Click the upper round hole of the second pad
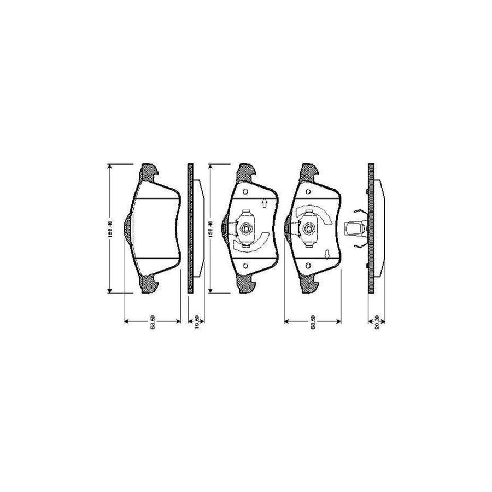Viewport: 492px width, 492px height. coord(245,192)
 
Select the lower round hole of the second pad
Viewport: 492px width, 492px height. coord(245,266)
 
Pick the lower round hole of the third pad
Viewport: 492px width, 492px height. coord(309,266)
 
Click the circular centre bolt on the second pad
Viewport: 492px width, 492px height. coord(245,229)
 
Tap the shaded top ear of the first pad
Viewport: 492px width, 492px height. coord(150,173)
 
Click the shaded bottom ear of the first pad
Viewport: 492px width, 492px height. coord(150,285)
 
